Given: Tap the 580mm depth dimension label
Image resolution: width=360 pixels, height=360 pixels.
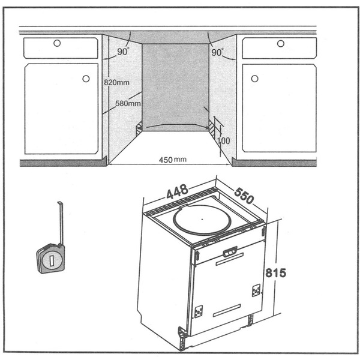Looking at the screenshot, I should (x=127, y=103).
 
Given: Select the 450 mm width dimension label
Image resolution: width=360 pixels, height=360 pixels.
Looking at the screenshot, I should (x=173, y=160).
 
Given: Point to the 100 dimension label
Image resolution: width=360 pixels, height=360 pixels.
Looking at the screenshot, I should (x=224, y=140).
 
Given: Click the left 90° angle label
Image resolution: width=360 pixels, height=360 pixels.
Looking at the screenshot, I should (x=122, y=52).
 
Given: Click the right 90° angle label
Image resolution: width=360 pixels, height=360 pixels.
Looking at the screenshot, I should (x=217, y=52).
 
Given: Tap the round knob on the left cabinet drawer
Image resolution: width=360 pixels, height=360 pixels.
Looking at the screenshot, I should (x=57, y=43).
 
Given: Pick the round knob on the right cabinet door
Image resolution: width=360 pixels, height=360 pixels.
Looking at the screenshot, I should (x=254, y=78).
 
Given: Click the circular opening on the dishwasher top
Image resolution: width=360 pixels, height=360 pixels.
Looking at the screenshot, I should (x=198, y=220).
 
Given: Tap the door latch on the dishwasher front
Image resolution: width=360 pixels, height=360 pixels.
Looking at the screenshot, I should (x=229, y=253).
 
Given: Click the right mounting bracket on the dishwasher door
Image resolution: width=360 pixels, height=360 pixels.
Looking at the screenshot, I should (x=256, y=290).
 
